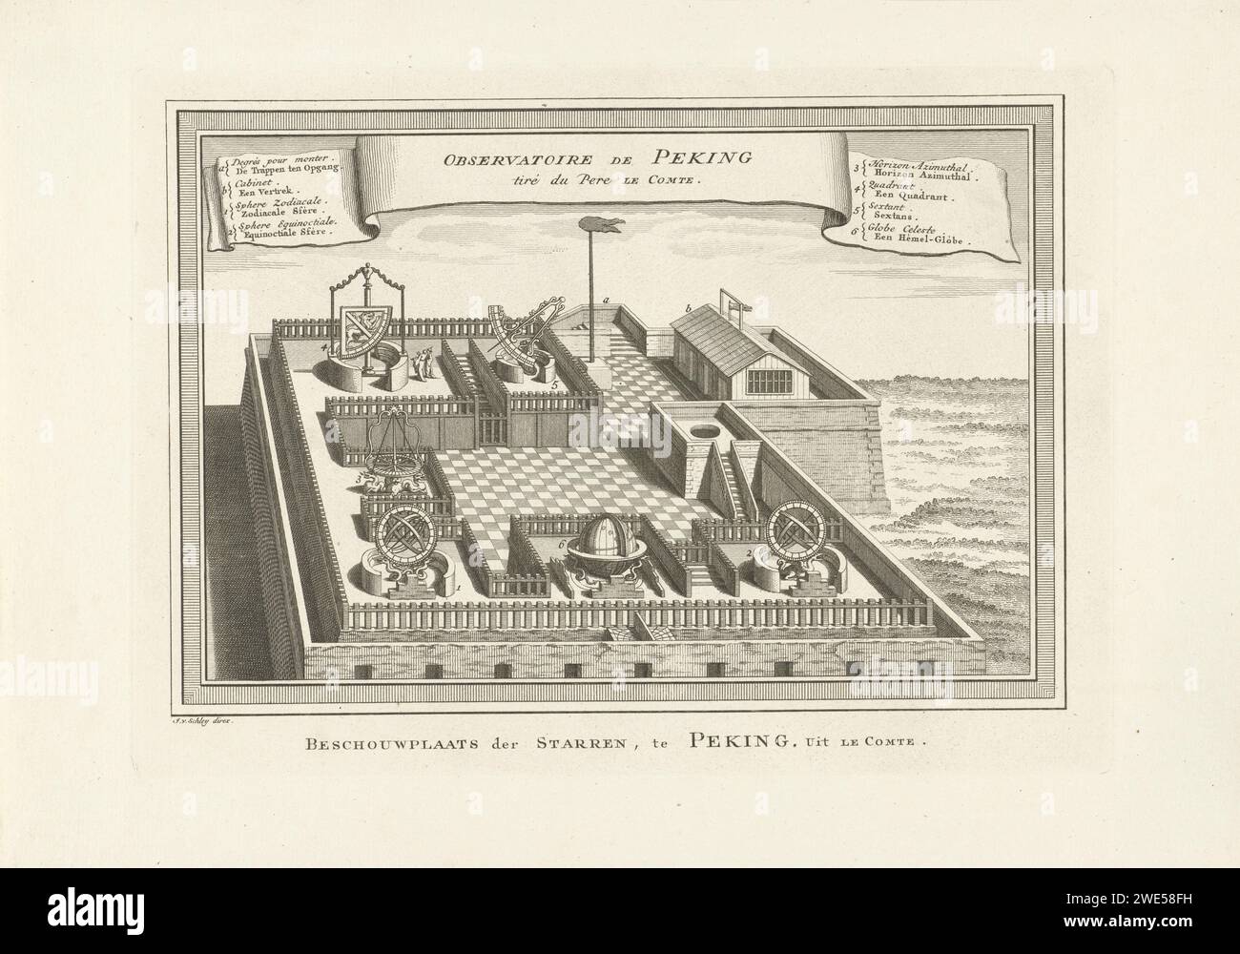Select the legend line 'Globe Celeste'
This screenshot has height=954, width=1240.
[x=915, y=231]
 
